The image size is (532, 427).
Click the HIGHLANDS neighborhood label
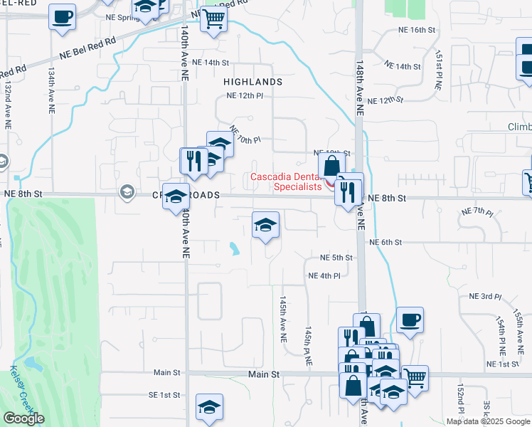(252, 82)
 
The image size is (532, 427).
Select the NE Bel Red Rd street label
(87, 48)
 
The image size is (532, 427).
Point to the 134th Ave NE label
(51, 92)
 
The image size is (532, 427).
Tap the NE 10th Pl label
(245, 133)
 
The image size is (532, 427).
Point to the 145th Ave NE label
(283, 316)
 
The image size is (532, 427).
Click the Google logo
(23, 418)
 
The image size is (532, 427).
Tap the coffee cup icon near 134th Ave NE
(62, 16)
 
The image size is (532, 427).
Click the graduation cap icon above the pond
(265, 226)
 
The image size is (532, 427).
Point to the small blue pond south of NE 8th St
(234, 248)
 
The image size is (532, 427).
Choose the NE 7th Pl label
(477, 212)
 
